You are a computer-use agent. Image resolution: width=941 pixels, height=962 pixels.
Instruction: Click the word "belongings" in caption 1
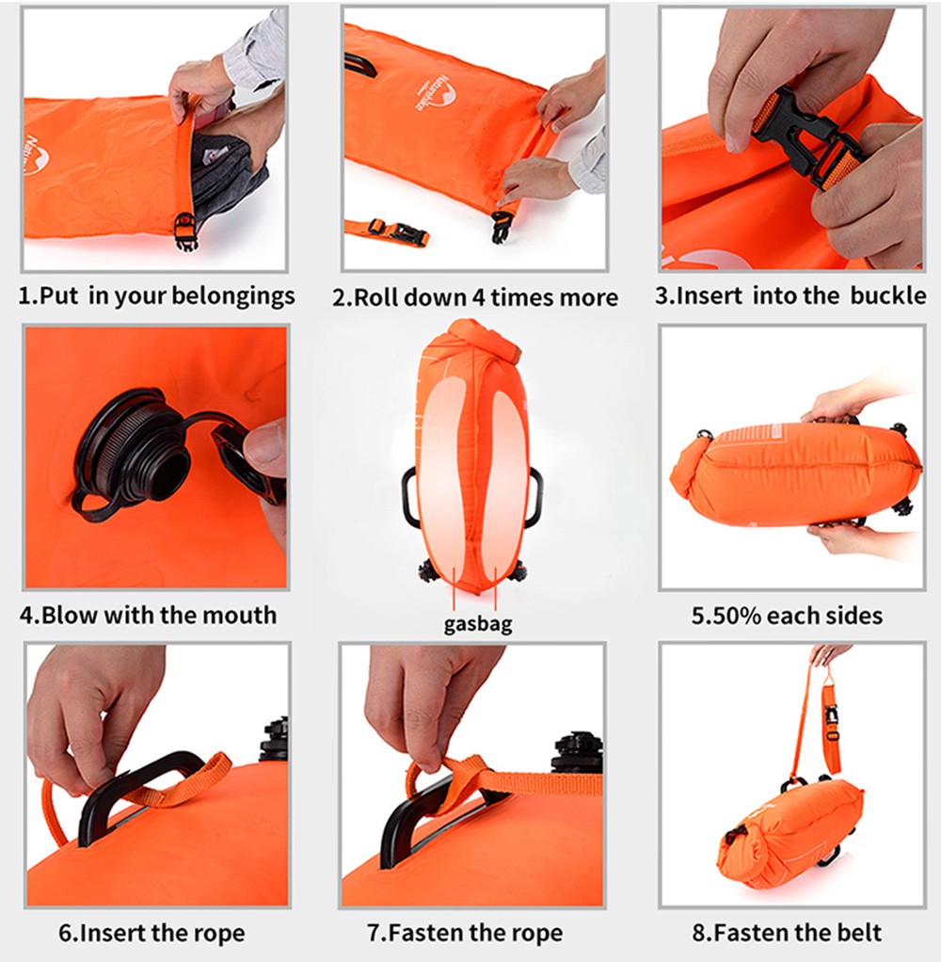click(233, 297)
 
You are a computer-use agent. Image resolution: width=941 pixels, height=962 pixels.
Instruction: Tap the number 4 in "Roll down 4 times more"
click(478, 297)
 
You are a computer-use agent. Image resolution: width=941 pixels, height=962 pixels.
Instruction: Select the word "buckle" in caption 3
click(888, 296)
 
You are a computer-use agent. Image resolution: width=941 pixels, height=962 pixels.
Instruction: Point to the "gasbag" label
click(478, 625)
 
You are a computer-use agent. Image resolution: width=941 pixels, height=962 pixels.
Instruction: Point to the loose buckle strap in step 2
click(387, 232)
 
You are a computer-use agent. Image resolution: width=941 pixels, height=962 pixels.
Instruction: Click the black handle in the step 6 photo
click(138, 792)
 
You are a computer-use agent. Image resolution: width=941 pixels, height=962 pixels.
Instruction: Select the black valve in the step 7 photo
click(577, 752)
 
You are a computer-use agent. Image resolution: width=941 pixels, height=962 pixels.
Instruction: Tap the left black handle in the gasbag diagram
click(409, 497)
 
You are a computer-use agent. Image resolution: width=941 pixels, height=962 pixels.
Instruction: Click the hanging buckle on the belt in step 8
click(831, 721)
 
